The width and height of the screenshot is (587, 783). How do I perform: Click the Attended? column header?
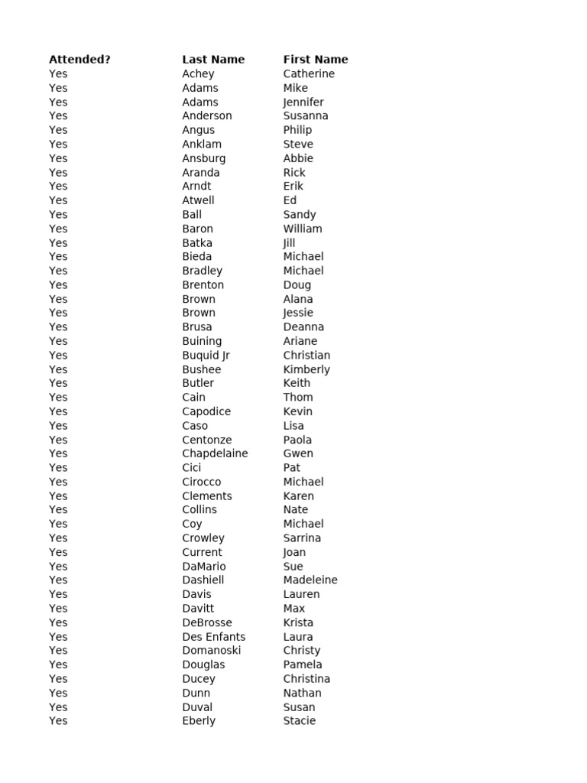click(x=79, y=60)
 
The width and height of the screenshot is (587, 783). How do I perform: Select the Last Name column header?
click(x=213, y=60)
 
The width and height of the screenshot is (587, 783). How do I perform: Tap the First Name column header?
click(x=315, y=60)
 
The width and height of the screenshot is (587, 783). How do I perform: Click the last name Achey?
click(x=198, y=74)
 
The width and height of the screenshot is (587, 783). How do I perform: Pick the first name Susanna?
click(x=306, y=116)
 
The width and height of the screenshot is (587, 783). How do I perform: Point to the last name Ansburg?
click(x=203, y=158)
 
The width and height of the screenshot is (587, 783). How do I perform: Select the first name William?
click(x=303, y=229)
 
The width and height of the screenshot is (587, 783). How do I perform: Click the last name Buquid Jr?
click(x=206, y=356)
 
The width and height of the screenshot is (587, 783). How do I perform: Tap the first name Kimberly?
click(x=306, y=369)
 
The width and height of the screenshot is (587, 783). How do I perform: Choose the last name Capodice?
click(x=206, y=411)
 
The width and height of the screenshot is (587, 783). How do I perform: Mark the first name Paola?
click(x=297, y=440)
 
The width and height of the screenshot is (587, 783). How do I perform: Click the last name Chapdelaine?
click(x=215, y=453)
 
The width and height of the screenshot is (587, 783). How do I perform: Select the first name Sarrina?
click(x=302, y=538)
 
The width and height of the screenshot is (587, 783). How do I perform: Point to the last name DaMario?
click(x=204, y=567)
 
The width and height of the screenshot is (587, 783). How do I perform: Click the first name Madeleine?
click(x=310, y=580)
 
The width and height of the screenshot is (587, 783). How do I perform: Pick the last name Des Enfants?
click(x=214, y=637)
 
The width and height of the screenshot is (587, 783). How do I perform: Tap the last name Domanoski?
click(x=211, y=651)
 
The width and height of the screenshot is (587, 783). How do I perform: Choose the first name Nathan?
click(x=302, y=694)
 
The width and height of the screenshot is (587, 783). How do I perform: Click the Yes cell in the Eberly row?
click(x=58, y=721)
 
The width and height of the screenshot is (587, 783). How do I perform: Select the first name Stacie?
click(x=299, y=721)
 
